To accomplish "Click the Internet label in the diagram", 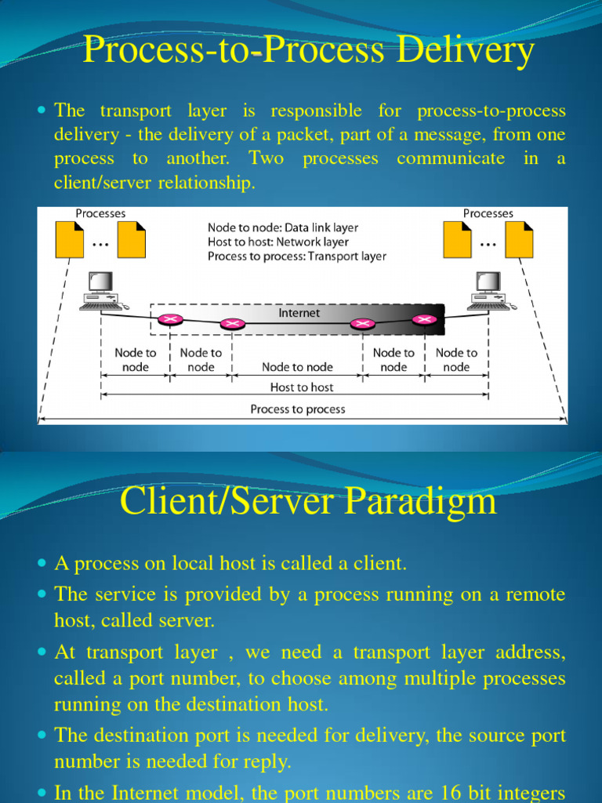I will click(x=299, y=313).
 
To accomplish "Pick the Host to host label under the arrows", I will click(x=301, y=387).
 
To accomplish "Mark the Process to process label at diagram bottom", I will click(x=297, y=409).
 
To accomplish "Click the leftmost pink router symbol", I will click(x=169, y=318).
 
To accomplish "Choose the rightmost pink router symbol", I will click(x=424, y=318).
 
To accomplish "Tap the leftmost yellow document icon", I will click(x=69, y=239).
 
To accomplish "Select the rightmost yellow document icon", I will click(x=519, y=239).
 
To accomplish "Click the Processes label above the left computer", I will click(x=100, y=213).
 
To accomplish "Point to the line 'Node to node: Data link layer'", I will click(x=283, y=228).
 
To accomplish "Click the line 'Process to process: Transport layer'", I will click(x=296, y=256).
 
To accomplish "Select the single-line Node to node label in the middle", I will click(x=297, y=367).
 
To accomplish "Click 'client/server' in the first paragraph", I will click(x=100, y=183).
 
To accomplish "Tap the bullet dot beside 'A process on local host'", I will click(x=42, y=563).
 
